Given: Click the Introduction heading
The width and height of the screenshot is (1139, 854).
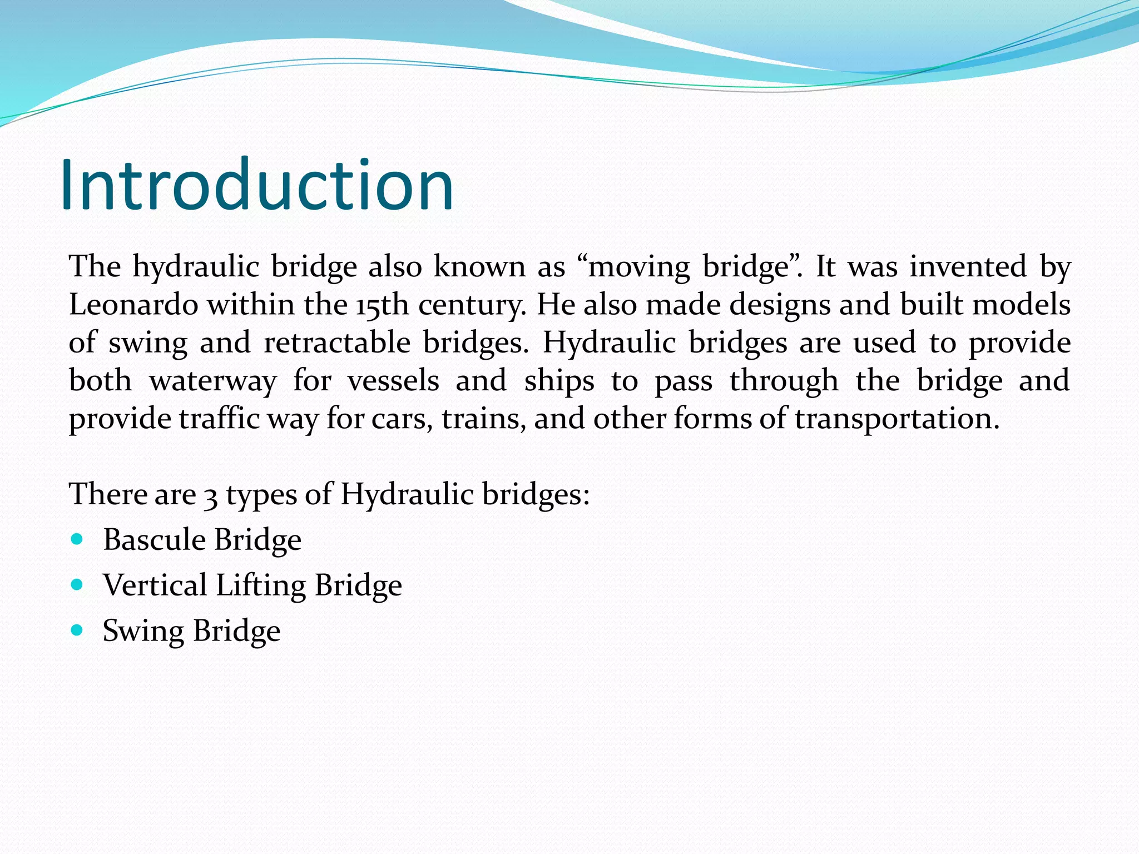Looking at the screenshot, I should click(x=257, y=185).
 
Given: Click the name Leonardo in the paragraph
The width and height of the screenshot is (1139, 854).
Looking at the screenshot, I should click(x=133, y=305).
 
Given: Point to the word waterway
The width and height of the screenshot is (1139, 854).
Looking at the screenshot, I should click(x=212, y=381).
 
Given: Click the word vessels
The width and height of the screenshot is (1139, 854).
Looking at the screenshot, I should click(x=393, y=381).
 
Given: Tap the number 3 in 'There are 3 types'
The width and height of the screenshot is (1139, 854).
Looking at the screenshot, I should click(x=211, y=495).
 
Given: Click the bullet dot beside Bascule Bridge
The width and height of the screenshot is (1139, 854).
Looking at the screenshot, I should click(x=77, y=539).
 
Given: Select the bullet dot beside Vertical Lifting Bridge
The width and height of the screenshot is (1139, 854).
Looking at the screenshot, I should click(x=77, y=584).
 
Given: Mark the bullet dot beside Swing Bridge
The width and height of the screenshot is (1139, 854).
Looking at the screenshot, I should click(x=77, y=630).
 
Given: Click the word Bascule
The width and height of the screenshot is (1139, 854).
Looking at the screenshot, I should click(x=155, y=540).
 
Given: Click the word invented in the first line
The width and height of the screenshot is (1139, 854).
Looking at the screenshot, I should click(x=968, y=266).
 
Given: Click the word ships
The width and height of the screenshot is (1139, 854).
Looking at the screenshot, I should click(x=559, y=381).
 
